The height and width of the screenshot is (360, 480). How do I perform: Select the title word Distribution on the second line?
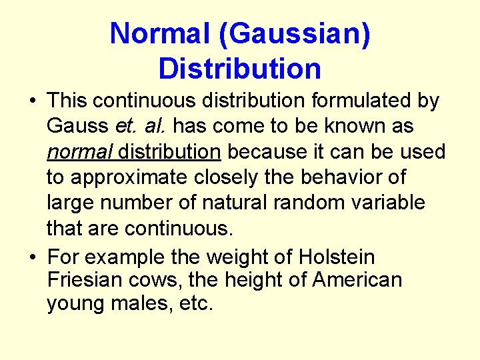click(x=240, y=68)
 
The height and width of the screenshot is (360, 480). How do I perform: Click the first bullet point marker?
click(x=32, y=102)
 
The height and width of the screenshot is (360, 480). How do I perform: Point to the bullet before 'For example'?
click(x=32, y=258)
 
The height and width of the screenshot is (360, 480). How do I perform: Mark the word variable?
click(x=389, y=203)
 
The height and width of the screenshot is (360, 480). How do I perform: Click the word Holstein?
click(x=337, y=257)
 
